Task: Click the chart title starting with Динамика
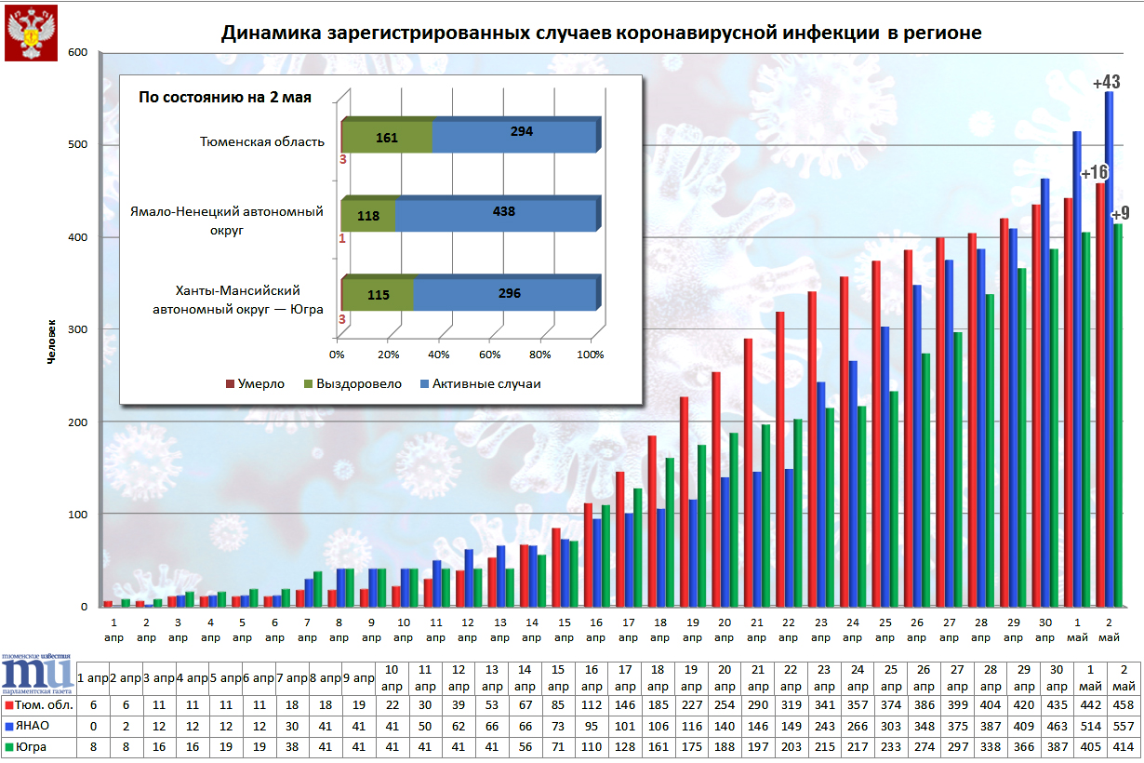(601, 33)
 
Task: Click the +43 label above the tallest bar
(1106, 82)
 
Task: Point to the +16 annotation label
(1093, 173)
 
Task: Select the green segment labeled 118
(367, 214)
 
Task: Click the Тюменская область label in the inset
(262, 141)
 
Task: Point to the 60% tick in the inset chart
(490, 355)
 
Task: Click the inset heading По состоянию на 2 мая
(224, 97)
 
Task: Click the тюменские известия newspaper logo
(37, 674)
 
